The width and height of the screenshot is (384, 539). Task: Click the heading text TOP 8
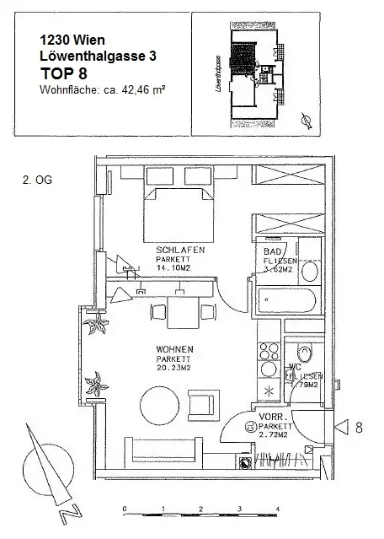(63, 73)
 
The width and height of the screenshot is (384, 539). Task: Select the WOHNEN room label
(175, 348)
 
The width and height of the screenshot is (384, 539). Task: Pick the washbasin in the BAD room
(309, 272)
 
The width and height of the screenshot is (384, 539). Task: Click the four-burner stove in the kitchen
(270, 352)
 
